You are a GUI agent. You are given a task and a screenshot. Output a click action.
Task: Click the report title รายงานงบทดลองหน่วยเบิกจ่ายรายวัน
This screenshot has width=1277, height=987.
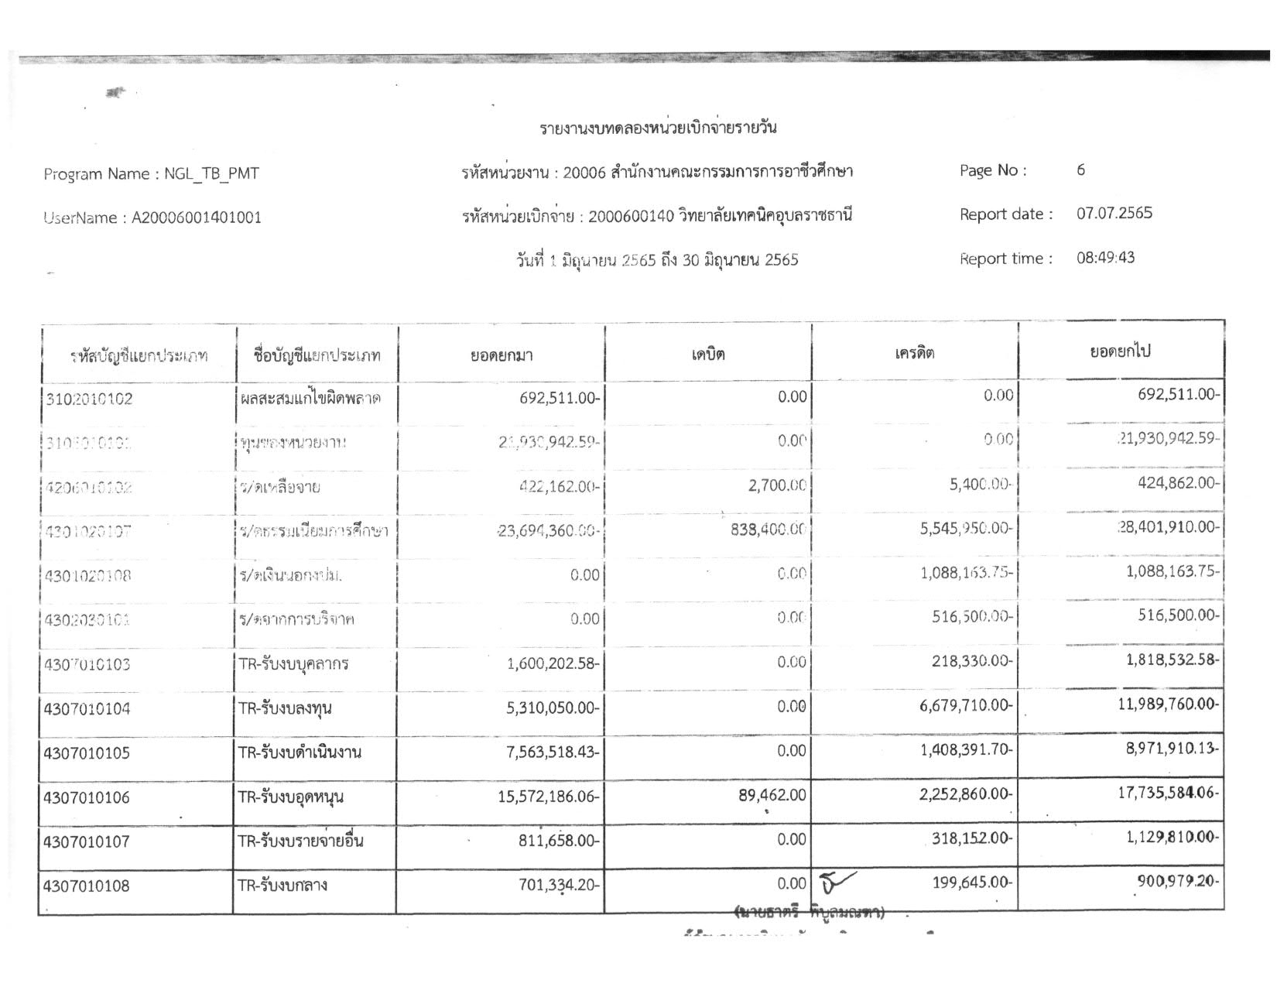(658, 128)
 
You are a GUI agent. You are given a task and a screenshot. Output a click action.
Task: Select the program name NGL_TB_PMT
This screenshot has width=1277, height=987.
(211, 173)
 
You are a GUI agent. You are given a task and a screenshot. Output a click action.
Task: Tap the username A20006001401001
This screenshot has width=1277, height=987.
(197, 218)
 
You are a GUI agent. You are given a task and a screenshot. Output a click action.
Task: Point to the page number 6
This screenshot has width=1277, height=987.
(1080, 170)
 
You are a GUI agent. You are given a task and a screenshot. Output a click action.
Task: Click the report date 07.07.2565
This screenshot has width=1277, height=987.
(1114, 213)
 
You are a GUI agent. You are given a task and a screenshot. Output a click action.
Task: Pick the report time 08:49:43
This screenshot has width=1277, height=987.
(1105, 258)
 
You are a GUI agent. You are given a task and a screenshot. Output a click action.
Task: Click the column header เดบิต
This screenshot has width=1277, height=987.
(707, 354)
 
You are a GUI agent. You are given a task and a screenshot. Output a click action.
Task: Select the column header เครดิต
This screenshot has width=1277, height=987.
(914, 354)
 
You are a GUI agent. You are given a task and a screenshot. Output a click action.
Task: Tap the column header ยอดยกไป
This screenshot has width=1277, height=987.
(1120, 351)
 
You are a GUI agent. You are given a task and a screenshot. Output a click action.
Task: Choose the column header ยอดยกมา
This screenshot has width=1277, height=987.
(501, 355)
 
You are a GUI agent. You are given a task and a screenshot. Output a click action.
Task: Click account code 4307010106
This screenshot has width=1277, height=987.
(87, 797)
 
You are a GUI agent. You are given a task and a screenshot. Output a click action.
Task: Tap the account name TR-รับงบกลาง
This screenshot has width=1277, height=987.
(282, 885)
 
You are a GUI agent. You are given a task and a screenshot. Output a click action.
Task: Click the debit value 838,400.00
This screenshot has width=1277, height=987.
(768, 530)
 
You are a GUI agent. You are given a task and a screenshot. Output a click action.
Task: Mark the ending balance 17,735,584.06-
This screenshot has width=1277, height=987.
(1168, 793)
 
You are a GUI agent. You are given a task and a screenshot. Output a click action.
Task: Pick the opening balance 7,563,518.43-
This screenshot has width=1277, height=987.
(553, 752)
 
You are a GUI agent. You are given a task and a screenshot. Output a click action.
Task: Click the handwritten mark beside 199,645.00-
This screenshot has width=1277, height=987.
(835, 881)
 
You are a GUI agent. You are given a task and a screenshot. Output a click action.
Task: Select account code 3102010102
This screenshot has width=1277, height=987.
(89, 399)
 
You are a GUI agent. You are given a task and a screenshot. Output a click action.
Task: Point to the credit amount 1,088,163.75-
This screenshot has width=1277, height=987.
(967, 574)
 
